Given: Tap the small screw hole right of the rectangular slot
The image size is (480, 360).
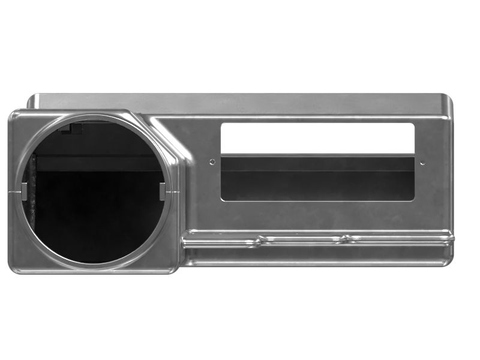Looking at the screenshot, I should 422,163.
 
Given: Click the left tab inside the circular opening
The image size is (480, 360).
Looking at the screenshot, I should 24,191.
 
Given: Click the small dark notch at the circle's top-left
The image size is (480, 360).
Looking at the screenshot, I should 76,128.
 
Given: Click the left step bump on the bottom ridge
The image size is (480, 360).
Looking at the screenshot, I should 262,240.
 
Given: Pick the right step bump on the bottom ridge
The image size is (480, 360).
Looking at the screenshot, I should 344,239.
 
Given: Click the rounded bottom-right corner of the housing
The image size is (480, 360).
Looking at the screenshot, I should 449,260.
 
